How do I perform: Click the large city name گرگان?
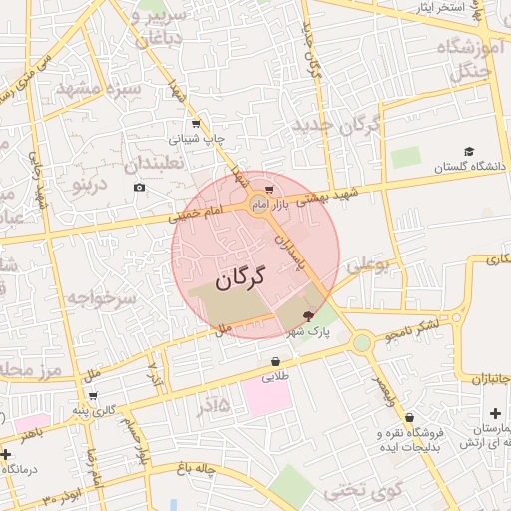pos(242,278)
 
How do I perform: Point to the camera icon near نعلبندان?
pos(139,187)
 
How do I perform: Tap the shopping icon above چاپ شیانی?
pos(196,124)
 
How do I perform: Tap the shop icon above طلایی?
pos(275,361)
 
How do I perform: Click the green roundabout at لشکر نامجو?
pos(361,343)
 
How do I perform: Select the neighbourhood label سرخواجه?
pos(100,298)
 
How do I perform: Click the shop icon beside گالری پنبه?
pos(92,395)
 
